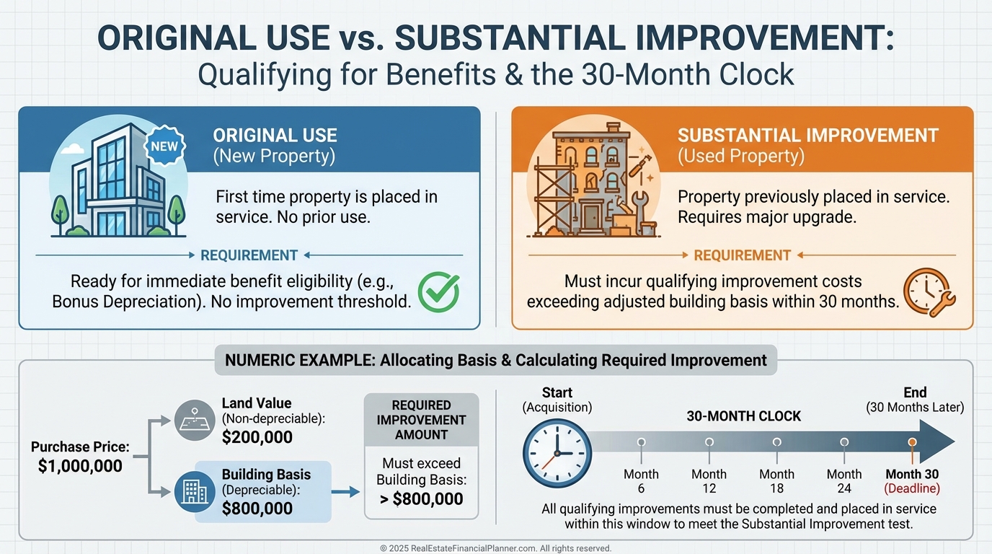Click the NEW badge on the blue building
[165, 146]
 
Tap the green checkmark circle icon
[438, 292]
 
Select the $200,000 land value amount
[257, 437]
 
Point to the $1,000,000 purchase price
[80, 466]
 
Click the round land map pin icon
[195, 420]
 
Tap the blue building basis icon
[195, 491]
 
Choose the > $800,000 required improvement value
[422, 499]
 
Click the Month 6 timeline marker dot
[641, 442]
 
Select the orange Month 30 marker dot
[912, 442]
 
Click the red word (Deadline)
[912, 488]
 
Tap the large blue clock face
[557, 453]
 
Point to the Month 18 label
[776, 481]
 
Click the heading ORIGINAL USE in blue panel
[275, 136]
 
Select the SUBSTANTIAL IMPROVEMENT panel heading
[807, 136]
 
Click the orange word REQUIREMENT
[743, 255]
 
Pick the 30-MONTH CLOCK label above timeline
[744, 416]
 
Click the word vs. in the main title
[362, 38]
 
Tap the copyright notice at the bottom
[495, 548]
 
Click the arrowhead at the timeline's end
[936, 442]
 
